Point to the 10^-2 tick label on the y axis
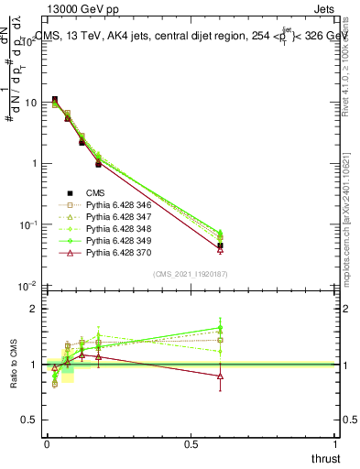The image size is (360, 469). pos(27,286)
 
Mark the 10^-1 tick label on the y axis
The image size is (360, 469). pos(27,224)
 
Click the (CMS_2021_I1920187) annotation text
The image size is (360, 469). pos(190,274)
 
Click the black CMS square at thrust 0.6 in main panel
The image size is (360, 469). pos(220,245)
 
